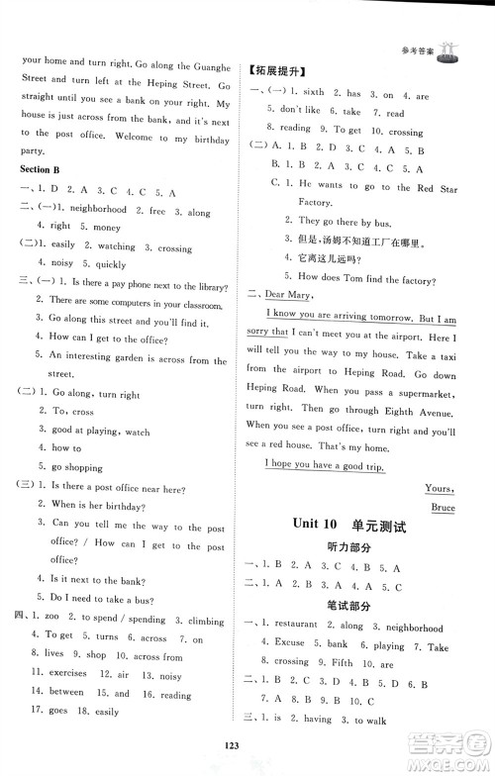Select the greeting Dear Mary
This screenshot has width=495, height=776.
(x=292, y=295)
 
